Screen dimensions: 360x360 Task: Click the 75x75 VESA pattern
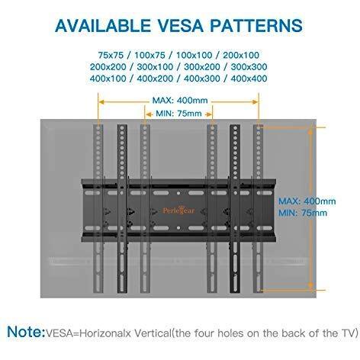(111, 55)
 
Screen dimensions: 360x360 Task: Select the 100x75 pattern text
(149, 55)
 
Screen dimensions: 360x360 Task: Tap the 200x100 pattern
(241, 55)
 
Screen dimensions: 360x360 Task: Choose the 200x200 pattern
(108, 67)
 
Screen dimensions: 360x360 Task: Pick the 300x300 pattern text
(249, 67)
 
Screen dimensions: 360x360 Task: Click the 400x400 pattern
(249, 79)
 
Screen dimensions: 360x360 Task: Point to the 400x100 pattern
(108, 79)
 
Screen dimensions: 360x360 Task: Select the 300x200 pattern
(202, 67)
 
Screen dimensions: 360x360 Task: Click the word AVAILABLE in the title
(103, 25)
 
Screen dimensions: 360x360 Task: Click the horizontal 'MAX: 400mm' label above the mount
(180, 101)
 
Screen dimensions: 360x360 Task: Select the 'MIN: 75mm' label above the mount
(178, 114)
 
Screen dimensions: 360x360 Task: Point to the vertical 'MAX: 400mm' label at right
(307, 201)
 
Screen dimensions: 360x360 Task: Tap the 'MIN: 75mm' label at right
(303, 213)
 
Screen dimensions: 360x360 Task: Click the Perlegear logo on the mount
(178, 211)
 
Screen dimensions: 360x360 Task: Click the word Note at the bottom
(26, 332)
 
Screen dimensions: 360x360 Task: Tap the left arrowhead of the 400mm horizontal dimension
(101, 102)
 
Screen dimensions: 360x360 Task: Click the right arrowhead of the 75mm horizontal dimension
(209, 114)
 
